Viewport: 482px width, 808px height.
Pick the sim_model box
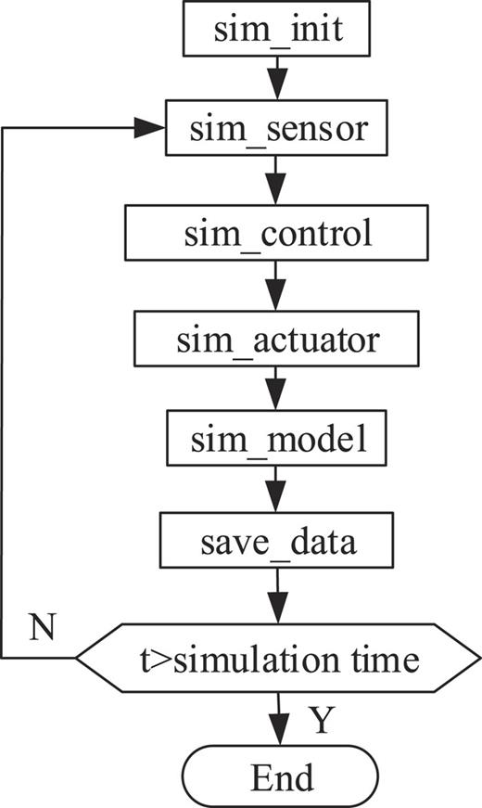pyautogui.click(x=277, y=442)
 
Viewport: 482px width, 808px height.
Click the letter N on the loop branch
pyautogui.click(x=40, y=627)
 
